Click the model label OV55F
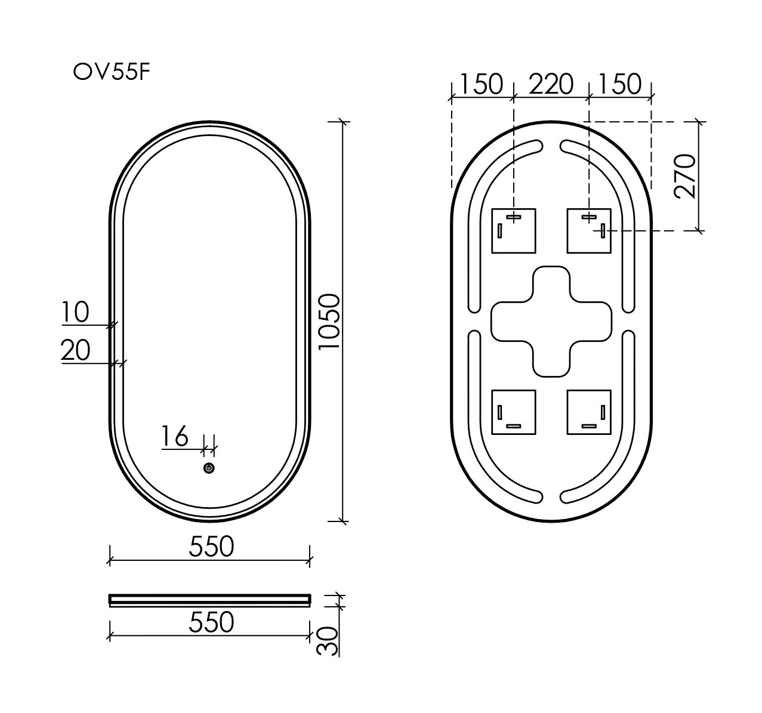pyautogui.click(x=110, y=72)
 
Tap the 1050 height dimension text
pyautogui.click(x=329, y=322)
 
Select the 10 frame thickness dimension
pyautogui.click(x=75, y=312)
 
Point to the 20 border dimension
pyautogui.click(x=75, y=350)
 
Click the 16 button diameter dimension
pyautogui.click(x=175, y=436)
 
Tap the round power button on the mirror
pyautogui.click(x=209, y=468)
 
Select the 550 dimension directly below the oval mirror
pyautogui.click(x=211, y=546)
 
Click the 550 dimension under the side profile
pyautogui.click(x=211, y=622)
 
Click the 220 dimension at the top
pyautogui.click(x=551, y=84)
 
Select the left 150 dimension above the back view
pyautogui.click(x=482, y=84)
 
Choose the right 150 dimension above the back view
pyautogui.click(x=619, y=84)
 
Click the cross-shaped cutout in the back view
pyautogui.click(x=551, y=322)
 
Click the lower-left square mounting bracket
pyautogui.click(x=513, y=412)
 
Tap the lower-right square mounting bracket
pyautogui.click(x=589, y=412)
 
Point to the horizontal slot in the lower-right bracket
pyautogui.click(x=590, y=426)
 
